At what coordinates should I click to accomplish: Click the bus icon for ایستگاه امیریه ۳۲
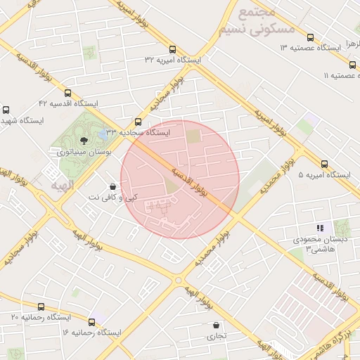click(x=173, y=49)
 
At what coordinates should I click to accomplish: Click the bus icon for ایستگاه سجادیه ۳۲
click(x=138, y=121)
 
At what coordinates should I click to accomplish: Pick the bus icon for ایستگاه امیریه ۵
click(x=324, y=163)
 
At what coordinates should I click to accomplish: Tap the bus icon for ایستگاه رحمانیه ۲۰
click(x=41, y=307)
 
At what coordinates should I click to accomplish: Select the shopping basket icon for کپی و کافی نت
click(x=112, y=186)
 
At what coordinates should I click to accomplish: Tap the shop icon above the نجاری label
click(x=216, y=325)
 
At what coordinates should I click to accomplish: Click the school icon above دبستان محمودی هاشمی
click(x=320, y=228)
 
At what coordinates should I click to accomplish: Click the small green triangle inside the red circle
click(x=171, y=186)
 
